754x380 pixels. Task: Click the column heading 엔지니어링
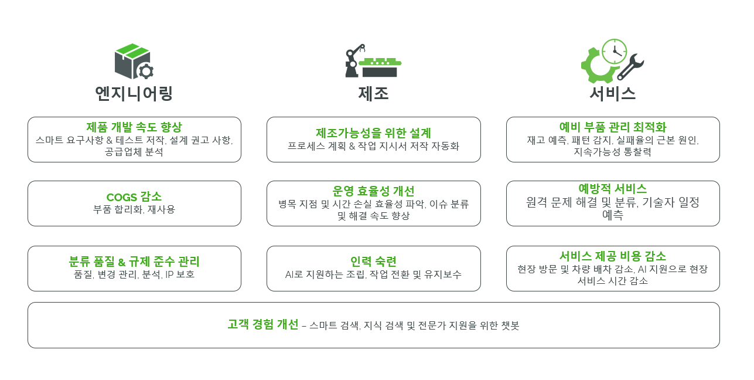click(134, 94)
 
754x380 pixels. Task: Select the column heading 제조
click(373, 94)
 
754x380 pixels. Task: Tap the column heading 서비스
click(612, 94)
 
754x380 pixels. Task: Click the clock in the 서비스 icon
click(614, 52)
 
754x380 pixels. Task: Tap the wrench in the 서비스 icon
click(631, 66)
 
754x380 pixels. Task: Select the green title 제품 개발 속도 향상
click(134, 127)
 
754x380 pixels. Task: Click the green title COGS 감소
click(134, 197)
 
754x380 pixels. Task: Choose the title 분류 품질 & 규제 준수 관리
click(134, 262)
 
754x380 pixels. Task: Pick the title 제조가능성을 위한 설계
click(373, 133)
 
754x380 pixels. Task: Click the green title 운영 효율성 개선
click(373, 191)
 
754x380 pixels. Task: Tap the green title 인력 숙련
click(373, 262)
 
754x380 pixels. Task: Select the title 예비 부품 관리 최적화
click(612, 127)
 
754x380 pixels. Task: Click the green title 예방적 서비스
click(612, 189)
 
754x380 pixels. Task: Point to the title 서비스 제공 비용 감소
click(612, 256)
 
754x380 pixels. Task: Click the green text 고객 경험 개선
click(263, 325)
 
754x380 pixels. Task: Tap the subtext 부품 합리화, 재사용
click(134, 209)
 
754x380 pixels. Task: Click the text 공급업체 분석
click(134, 152)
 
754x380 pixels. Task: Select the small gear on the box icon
click(145, 72)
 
